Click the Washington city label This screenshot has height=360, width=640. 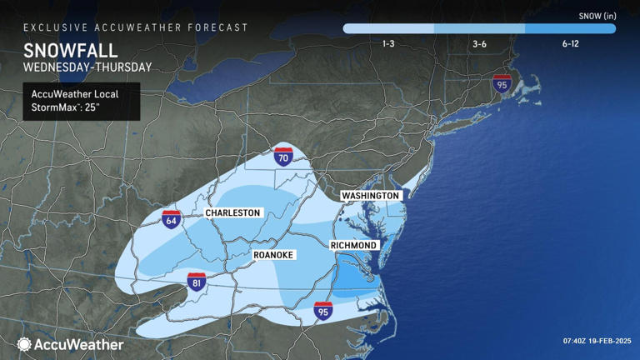coord(371,195)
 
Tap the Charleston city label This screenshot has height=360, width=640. coord(233,213)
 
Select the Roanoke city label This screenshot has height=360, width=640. coord(273,255)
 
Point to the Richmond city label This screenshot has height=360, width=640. coord(354,246)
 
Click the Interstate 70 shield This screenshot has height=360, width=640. coord(283,156)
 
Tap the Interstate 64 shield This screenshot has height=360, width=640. coord(171,219)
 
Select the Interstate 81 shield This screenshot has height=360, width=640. coord(197,282)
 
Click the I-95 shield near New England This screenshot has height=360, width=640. coord(502,82)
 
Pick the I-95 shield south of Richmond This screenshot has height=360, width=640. coord(323,310)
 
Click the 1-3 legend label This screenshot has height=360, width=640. coord(388,43)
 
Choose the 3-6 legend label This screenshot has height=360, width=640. coord(479,43)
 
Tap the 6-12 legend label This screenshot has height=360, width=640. coord(570,43)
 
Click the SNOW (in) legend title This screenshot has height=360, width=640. coord(597,15)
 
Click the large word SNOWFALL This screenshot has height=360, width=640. coord(70,49)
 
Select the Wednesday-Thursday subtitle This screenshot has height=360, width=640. coord(87,67)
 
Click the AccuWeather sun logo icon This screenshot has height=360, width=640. coord(24,344)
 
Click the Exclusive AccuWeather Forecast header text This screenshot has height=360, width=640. coord(136,27)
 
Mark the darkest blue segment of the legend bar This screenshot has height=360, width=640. coord(570,28)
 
